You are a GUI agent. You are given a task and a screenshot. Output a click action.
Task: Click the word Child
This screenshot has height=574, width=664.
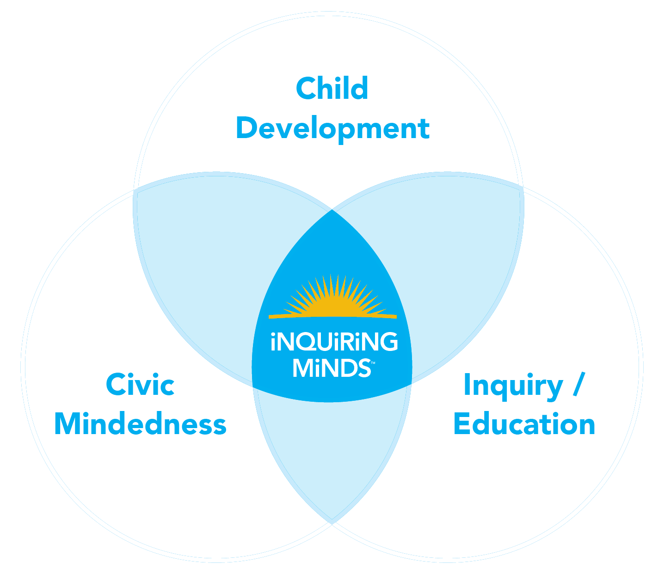tap(332, 88)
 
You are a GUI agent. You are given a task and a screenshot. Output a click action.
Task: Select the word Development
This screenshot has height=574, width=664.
tap(333, 128)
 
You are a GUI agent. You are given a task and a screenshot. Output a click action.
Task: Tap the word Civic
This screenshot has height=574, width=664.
tap(140, 385)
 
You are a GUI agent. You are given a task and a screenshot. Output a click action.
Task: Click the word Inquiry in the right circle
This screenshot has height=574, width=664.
tap(513, 386)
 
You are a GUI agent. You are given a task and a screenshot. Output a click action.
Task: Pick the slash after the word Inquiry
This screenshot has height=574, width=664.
tap(578, 384)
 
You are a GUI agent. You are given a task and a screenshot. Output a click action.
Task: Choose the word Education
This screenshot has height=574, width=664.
tap(524, 424)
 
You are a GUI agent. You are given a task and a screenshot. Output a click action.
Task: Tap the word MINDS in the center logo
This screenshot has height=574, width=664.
tap(331, 368)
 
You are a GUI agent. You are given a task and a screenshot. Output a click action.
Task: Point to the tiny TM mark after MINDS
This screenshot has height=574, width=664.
tap(372, 362)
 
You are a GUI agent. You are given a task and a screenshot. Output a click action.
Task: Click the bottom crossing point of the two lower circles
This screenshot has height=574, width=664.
tap(332, 522)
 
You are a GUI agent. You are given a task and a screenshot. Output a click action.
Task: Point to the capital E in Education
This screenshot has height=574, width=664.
tap(463, 424)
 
